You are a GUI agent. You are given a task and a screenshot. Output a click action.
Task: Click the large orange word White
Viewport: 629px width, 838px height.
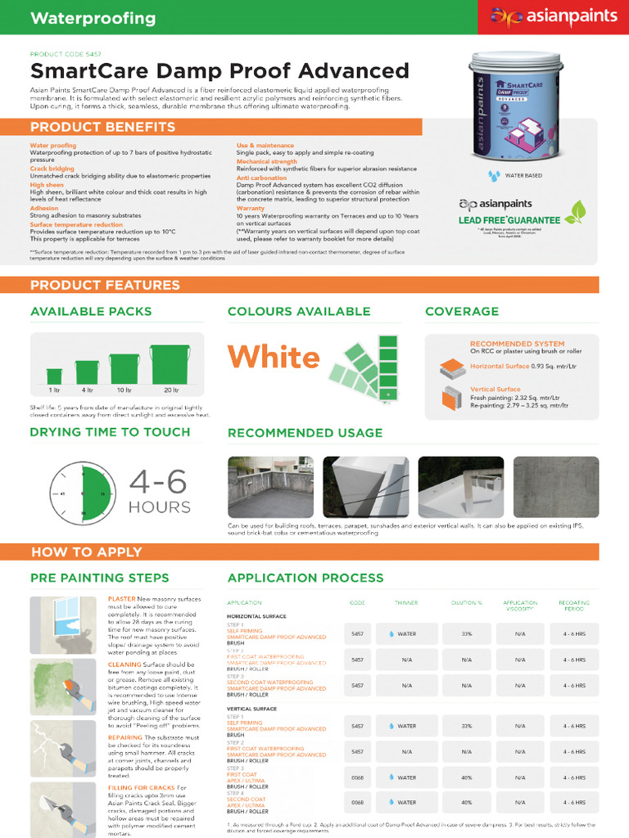coord(274,358)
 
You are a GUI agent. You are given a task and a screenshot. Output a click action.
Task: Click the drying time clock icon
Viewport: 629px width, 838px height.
coord(81,494)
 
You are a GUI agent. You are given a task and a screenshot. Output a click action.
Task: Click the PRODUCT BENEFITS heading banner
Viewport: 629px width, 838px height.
coord(103,127)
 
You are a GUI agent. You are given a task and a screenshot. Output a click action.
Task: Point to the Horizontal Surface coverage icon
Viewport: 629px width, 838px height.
coord(452,368)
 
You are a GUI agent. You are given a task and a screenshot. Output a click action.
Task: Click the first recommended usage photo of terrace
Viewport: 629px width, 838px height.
coord(270,487)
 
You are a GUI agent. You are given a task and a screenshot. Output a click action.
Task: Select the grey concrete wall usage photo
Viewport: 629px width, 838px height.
coord(556,487)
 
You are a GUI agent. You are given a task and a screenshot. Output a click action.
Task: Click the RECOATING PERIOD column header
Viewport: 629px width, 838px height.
coord(573,605)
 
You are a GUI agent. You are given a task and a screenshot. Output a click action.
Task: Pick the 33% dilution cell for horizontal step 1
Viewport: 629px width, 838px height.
coord(466,633)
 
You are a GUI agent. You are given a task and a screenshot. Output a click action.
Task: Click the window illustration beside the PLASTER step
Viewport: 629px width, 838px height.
coord(64,624)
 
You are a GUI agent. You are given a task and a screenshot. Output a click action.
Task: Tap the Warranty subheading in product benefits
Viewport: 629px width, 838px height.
coord(251,208)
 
